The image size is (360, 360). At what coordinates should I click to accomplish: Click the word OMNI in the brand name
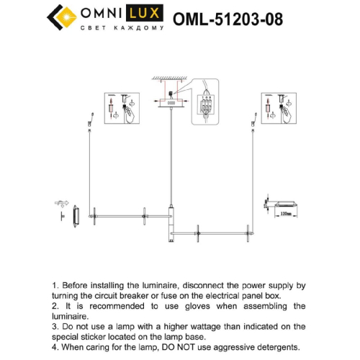point(102,12)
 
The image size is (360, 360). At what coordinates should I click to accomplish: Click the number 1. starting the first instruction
point(56,285)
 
